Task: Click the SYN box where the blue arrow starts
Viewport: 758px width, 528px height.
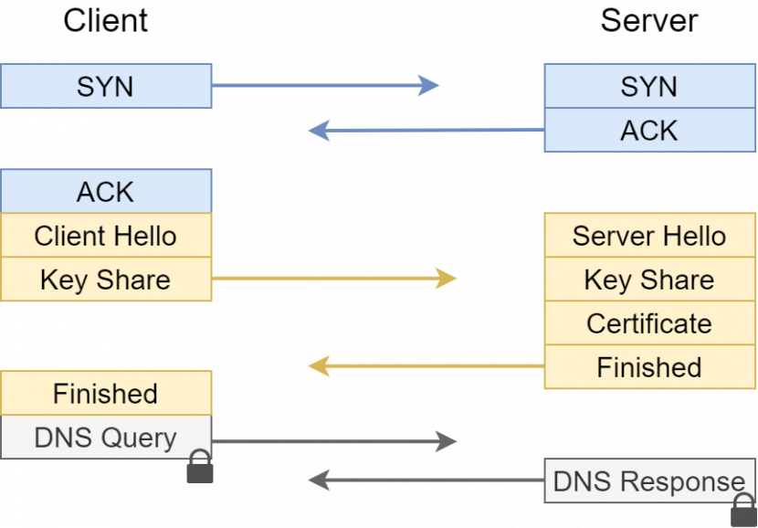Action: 106,87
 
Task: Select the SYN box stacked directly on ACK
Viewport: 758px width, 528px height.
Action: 649,87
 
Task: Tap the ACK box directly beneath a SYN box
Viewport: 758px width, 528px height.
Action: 649,131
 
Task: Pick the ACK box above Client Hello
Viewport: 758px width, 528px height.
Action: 106,192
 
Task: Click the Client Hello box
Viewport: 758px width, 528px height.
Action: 106,236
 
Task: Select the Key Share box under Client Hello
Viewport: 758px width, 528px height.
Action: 106,280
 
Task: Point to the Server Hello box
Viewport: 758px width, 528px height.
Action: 649,236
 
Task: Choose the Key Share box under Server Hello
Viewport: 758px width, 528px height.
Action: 649,280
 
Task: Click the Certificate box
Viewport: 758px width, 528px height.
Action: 649,323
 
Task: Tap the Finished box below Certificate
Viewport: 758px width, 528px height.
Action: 649,367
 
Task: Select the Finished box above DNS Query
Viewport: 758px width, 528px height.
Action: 106,394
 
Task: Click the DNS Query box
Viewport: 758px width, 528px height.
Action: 106,438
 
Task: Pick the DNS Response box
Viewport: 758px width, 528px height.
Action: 649,481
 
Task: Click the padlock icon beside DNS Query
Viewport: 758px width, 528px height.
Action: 200,468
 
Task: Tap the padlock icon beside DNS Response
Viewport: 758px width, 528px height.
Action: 744,512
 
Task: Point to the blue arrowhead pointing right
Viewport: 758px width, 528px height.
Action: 429,86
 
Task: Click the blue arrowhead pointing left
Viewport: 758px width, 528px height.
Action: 319,131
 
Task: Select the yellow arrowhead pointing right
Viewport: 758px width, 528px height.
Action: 447,278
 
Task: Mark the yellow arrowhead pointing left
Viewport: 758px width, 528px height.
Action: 319,366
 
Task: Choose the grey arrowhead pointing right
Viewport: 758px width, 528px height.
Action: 447,442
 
